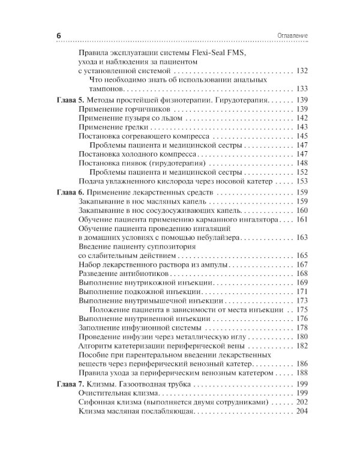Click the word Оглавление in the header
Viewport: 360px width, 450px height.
pyautogui.click(x=290, y=36)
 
